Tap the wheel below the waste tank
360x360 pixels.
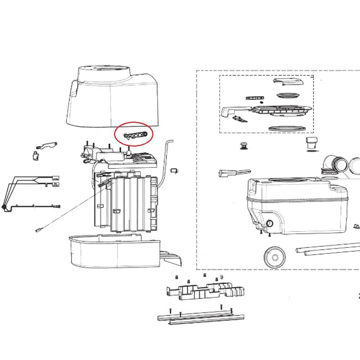point(275,257)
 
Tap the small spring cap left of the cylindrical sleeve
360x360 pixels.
point(244,146)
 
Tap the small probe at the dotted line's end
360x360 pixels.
point(38,230)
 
